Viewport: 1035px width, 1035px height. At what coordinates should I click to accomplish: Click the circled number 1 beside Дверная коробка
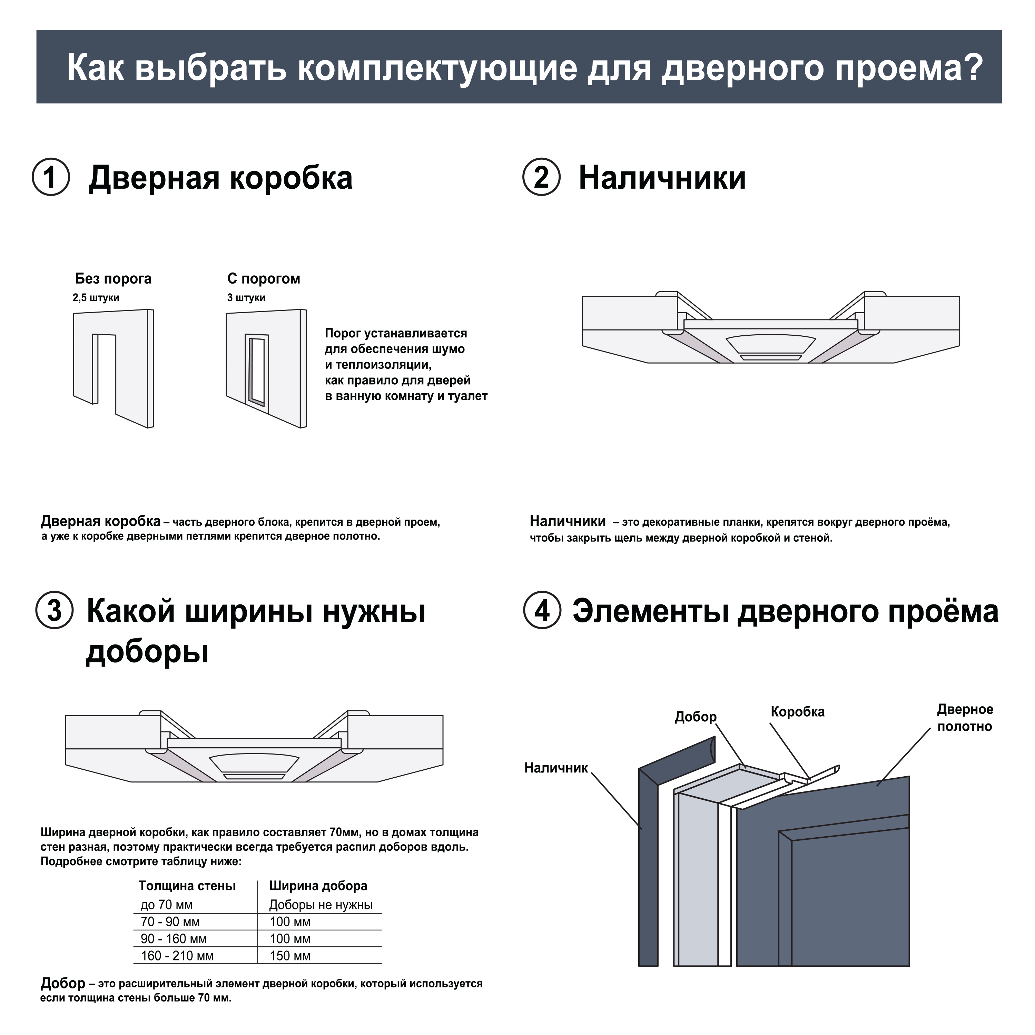[51, 177]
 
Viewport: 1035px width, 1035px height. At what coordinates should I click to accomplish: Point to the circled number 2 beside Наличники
[542, 177]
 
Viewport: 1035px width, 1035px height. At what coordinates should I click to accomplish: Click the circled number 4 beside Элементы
[542, 611]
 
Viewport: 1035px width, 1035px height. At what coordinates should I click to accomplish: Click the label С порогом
[264, 278]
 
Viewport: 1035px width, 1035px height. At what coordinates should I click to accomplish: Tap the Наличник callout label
[556, 768]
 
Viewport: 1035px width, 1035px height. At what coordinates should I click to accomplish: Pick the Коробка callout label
[797, 711]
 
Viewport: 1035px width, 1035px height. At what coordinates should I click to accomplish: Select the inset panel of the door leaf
[849, 905]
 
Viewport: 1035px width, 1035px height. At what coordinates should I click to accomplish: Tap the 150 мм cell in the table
[290, 956]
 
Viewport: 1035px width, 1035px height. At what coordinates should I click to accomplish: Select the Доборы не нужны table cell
[321, 905]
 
